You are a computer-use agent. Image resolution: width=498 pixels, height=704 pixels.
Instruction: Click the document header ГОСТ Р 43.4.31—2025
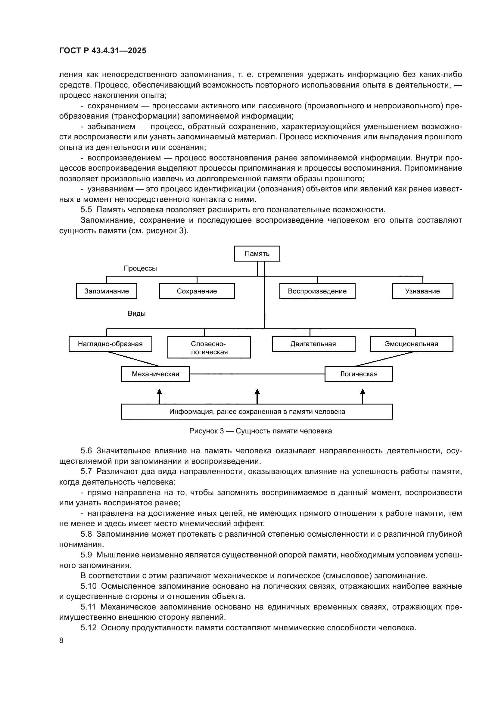point(103,51)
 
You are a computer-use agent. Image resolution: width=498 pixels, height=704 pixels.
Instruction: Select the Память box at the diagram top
point(257,253)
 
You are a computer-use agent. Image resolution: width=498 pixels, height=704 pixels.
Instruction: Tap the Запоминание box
point(106,291)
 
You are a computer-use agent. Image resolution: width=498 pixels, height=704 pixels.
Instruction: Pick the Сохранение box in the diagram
point(197,291)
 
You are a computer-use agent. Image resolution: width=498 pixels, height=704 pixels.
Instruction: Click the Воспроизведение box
point(317,291)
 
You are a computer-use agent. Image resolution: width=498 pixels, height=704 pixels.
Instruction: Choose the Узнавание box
point(422,291)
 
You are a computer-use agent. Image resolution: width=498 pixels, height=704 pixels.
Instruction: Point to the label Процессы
point(140,268)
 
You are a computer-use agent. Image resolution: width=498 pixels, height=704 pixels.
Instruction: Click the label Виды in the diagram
point(136,313)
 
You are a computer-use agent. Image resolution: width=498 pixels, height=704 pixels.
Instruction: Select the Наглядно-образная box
point(110,344)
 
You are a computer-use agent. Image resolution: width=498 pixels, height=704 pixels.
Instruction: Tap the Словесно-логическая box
point(209,347)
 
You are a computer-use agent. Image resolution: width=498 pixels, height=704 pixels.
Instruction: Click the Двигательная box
point(313,344)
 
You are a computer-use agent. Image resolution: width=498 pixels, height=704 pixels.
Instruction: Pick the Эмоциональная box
point(411,344)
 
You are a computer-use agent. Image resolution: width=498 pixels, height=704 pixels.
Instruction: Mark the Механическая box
point(155,374)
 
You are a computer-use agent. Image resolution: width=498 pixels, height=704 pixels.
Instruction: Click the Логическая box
point(359,374)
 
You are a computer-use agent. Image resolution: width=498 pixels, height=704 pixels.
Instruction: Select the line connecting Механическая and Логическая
point(257,374)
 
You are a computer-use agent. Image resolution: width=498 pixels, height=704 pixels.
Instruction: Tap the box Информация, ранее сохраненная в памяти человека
point(257,411)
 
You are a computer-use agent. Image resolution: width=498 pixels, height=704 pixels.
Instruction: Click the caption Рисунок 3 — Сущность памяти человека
point(260,431)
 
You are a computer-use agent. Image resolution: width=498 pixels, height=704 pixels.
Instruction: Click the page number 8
point(61,640)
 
